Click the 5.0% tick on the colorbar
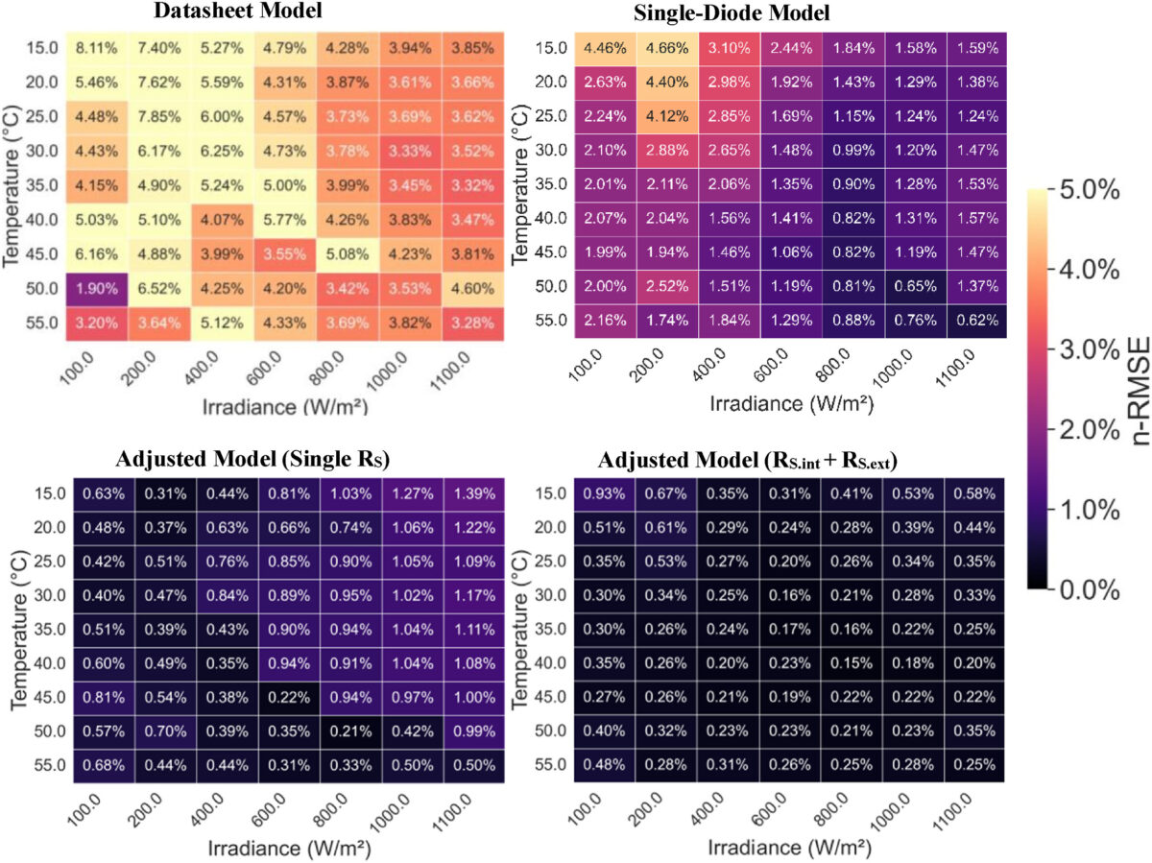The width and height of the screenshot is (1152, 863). [x=1093, y=191]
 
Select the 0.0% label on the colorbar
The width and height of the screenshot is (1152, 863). [x=1093, y=587]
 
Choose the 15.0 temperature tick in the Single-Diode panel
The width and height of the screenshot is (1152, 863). [x=552, y=47]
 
